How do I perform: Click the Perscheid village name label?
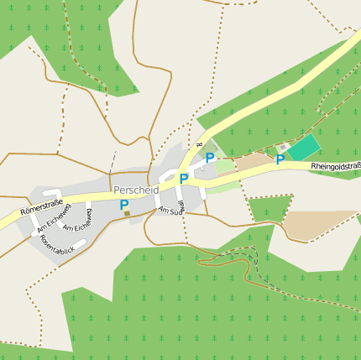(135, 190)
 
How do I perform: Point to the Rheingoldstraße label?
(334, 166)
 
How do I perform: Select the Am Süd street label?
(170, 211)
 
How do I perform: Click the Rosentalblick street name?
(57, 244)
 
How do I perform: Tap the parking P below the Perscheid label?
(124, 204)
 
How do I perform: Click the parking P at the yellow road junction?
(183, 178)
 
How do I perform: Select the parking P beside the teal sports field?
(280, 159)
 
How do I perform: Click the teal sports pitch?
(305, 148)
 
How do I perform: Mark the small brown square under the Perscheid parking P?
(127, 215)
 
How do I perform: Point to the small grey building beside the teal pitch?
(284, 147)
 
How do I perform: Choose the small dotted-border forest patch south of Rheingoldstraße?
(269, 207)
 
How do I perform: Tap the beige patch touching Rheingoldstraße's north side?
(251, 160)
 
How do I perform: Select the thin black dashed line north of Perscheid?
(113, 160)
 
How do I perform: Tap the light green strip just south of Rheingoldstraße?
(222, 187)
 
